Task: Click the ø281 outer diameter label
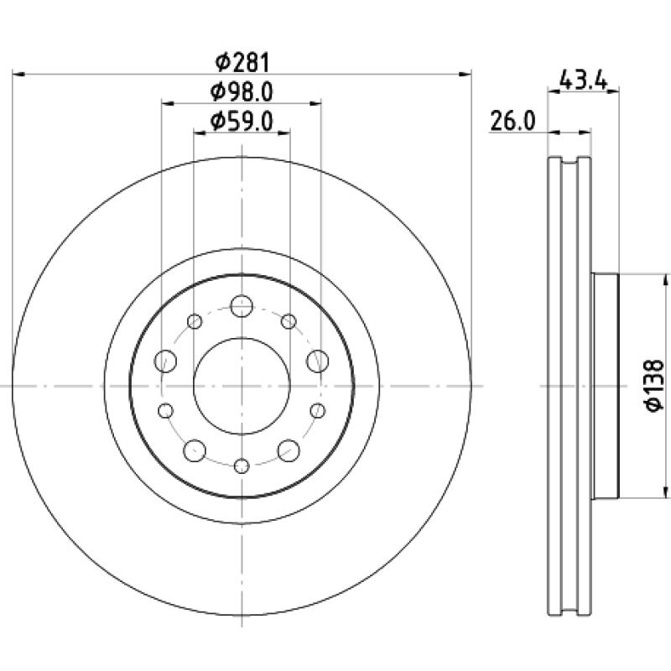pos(242,62)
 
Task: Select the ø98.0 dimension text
pos(242,91)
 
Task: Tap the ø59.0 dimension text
pos(242,121)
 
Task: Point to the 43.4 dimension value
pos(583,80)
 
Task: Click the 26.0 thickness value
pos(512,121)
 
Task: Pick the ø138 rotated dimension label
pos(655,386)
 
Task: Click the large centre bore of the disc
pos(242,386)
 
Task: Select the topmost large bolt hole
pos(242,306)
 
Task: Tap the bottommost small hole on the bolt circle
pos(242,466)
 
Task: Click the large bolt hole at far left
pos(165,361)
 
